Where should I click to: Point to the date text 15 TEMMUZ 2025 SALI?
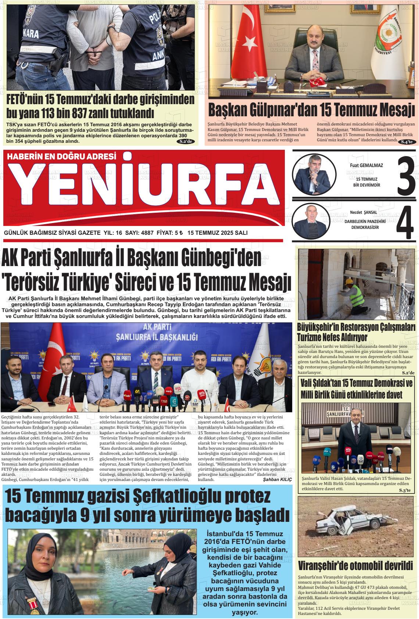tap(217, 233)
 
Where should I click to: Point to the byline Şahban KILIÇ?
tap(277, 480)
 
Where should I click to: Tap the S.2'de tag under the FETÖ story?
tap(185, 141)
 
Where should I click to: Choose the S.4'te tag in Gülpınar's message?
tap(407, 142)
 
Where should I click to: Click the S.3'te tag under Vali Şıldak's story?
tap(407, 491)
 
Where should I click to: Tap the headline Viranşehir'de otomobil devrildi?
tap(355, 565)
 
